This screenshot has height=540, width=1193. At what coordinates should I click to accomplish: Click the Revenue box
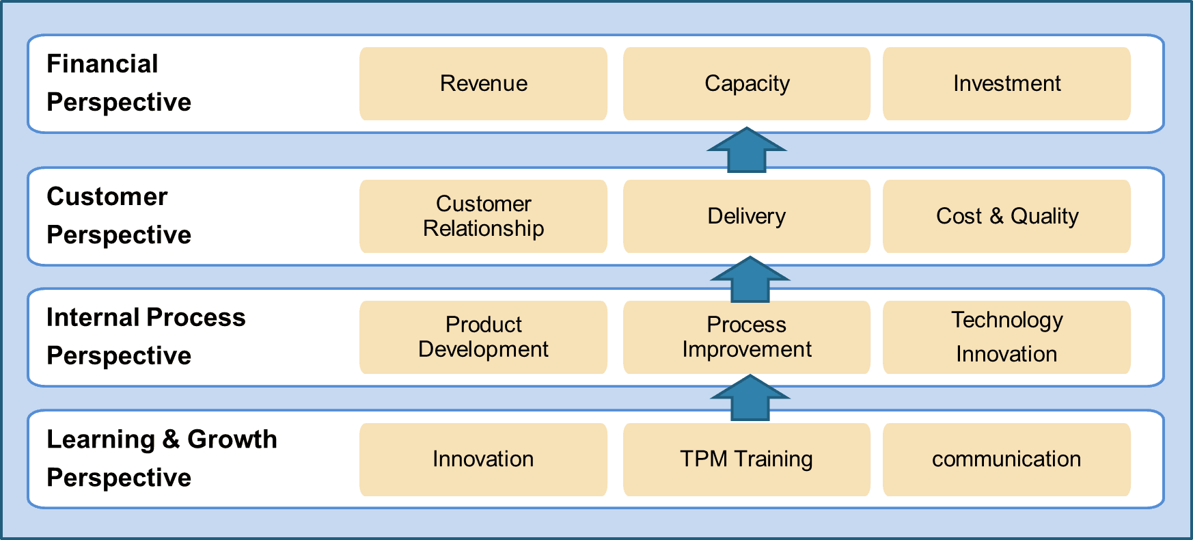483,83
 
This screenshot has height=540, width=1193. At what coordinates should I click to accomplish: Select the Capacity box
747,83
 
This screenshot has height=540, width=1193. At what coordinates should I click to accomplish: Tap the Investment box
1006,83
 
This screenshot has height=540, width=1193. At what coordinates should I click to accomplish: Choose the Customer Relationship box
483,216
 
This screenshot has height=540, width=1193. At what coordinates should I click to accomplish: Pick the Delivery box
747,216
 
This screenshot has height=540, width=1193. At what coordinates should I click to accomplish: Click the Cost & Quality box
1006,216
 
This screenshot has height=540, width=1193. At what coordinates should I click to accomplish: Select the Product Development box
483,337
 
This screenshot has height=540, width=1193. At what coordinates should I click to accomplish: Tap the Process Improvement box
747,337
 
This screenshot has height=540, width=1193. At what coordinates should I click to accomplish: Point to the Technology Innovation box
1006,337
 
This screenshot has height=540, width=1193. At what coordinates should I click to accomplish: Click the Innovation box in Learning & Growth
483,459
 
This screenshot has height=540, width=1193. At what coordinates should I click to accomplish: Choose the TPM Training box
747,459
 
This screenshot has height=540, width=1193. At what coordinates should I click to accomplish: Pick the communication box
1006,459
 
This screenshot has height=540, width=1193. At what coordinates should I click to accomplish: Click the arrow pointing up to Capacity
747,150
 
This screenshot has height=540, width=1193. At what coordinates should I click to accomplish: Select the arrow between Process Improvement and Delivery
750,279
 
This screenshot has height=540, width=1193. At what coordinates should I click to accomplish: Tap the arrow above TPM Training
750,398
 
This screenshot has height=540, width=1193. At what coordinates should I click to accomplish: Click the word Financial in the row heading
102,64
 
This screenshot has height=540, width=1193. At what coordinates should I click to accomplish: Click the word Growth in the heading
232,439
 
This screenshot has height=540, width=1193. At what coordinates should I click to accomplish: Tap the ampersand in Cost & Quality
996,216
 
